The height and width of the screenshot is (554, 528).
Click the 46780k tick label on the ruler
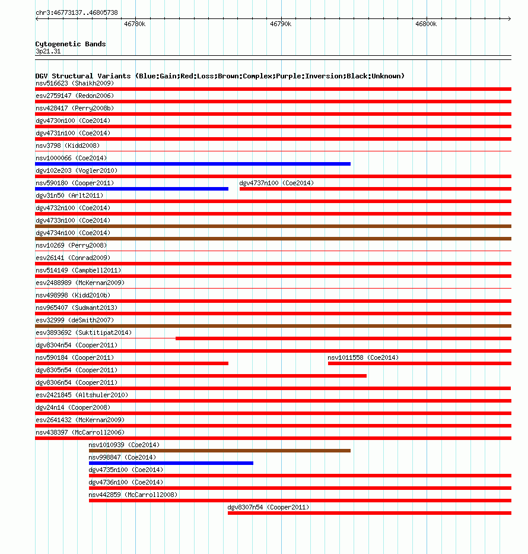135,24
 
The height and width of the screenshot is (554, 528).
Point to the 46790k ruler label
281,24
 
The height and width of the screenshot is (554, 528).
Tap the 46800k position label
426,24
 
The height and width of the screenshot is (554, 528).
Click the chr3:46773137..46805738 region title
77,12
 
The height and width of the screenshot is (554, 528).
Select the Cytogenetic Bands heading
71,44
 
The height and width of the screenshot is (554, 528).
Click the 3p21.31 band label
48,52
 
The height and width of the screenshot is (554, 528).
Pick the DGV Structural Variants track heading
220,76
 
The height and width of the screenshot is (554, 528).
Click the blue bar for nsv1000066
193,164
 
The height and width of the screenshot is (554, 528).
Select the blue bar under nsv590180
132,189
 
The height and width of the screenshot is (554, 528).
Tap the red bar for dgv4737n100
375,189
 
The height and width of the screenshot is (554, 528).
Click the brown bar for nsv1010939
220,451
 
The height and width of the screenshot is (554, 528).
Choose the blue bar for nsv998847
171,463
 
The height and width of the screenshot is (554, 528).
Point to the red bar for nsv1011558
419,363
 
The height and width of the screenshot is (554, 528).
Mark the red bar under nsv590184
132,363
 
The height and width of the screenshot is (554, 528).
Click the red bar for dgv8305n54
201,376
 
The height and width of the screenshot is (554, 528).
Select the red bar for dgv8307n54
369,513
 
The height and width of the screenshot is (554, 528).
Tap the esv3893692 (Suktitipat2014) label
84,333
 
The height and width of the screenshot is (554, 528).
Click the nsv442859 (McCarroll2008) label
133,495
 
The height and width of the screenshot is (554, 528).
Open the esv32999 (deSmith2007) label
74,320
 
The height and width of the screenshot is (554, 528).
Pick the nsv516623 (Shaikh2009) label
75,83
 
